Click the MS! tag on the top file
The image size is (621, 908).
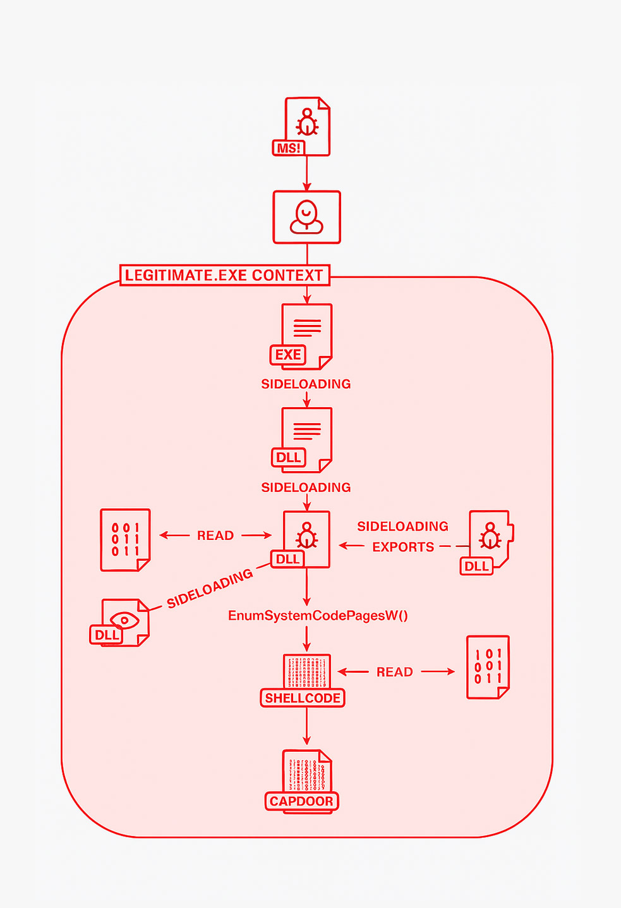pos(289,148)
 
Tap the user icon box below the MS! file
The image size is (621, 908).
pos(306,217)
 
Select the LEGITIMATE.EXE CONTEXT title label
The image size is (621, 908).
pos(224,276)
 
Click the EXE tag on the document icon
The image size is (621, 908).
pos(288,355)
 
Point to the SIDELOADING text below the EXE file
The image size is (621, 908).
pos(306,384)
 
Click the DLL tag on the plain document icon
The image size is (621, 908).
pos(288,458)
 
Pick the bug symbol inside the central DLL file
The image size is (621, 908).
pos(307,535)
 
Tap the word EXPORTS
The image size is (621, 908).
pos(403,547)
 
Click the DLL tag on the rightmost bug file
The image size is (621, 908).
pos(476,566)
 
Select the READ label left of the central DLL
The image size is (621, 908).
pos(215,536)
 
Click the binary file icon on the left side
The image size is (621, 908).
pos(125,539)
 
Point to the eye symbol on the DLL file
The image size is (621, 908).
pos(124,620)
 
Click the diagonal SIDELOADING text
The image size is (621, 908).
pos(210,589)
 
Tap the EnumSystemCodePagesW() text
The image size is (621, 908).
pos(318,616)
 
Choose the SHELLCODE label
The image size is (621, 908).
pos(303,698)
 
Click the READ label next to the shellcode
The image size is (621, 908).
pos(395,672)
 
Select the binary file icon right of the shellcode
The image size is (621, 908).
pos(488,668)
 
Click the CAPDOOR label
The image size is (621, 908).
pos(301,801)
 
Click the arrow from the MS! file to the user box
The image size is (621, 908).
pos(306,173)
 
